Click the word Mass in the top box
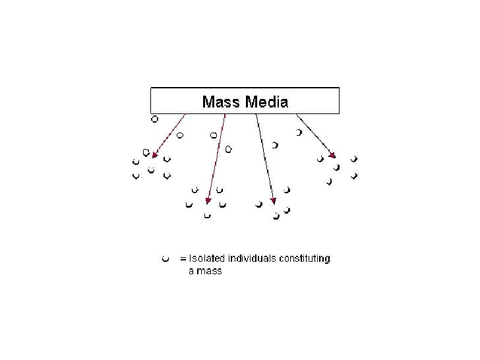pyautogui.click(x=222, y=102)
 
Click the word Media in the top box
pyautogui.click(x=266, y=102)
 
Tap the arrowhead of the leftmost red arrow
pyautogui.click(x=154, y=156)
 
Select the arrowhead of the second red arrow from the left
pyautogui.click(x=208, y=200)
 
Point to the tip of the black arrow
pyautogui.click(x=273, y=201)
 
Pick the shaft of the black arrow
pyautogui.click(x=264, y=158)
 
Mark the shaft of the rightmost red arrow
pyautogui.click(x=315, y=135)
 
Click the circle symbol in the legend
pyautogui.click(x=165, y=258)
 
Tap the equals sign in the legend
pyautogui.click(x=184, y=258)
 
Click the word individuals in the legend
pyautogui.click(x=249, y=258)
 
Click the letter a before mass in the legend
pyautogui.click(x=191, y=271)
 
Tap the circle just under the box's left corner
pyautogui.click(x=154, y=119)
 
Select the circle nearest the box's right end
pyautogui.click(x=299, y=133)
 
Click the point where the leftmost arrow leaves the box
pyautogui.click(x=186, y=115)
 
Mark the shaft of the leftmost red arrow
pyautogui.click(x=170, y=135)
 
